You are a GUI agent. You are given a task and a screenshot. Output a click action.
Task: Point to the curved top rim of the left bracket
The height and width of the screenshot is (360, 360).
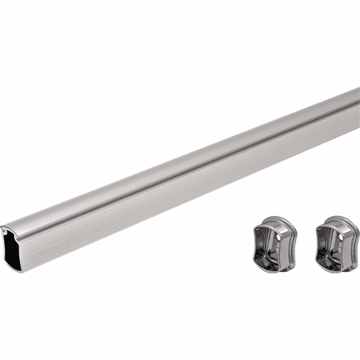(x=276, y=219)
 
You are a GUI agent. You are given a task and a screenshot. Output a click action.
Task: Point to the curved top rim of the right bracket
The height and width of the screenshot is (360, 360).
(x=337, y=219)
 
